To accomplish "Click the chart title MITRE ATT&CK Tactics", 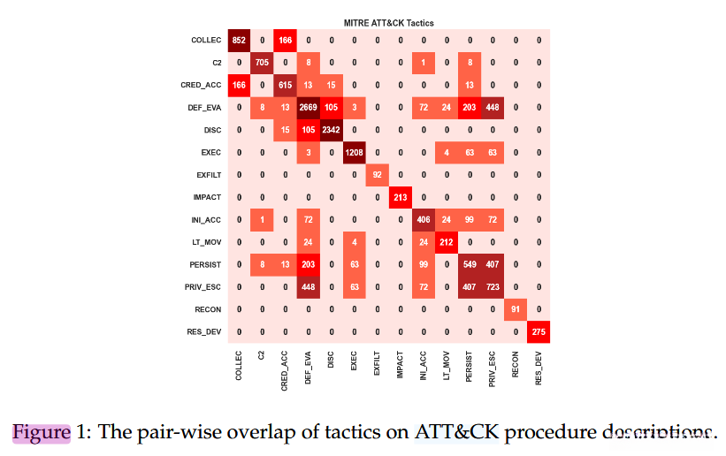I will pyautogui.click(x=388, y=22).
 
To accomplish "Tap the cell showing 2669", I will pyautogui.click(x=308, y=109).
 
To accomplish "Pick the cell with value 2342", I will pyautogui.click(x=331, y=131).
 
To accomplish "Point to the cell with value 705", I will pyautogui.click(x=262, y=63).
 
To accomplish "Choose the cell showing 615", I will pyautogui.click(x=285, y=86).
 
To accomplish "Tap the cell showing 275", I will pyautogui.click(x=538, y=332).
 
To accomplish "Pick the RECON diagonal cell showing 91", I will pyautogui.click(x=515, y=310).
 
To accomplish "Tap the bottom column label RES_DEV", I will pyautogui.click(x=538, y=366).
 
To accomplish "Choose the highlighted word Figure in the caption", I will pyautogui.click(x=41, y=432).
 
